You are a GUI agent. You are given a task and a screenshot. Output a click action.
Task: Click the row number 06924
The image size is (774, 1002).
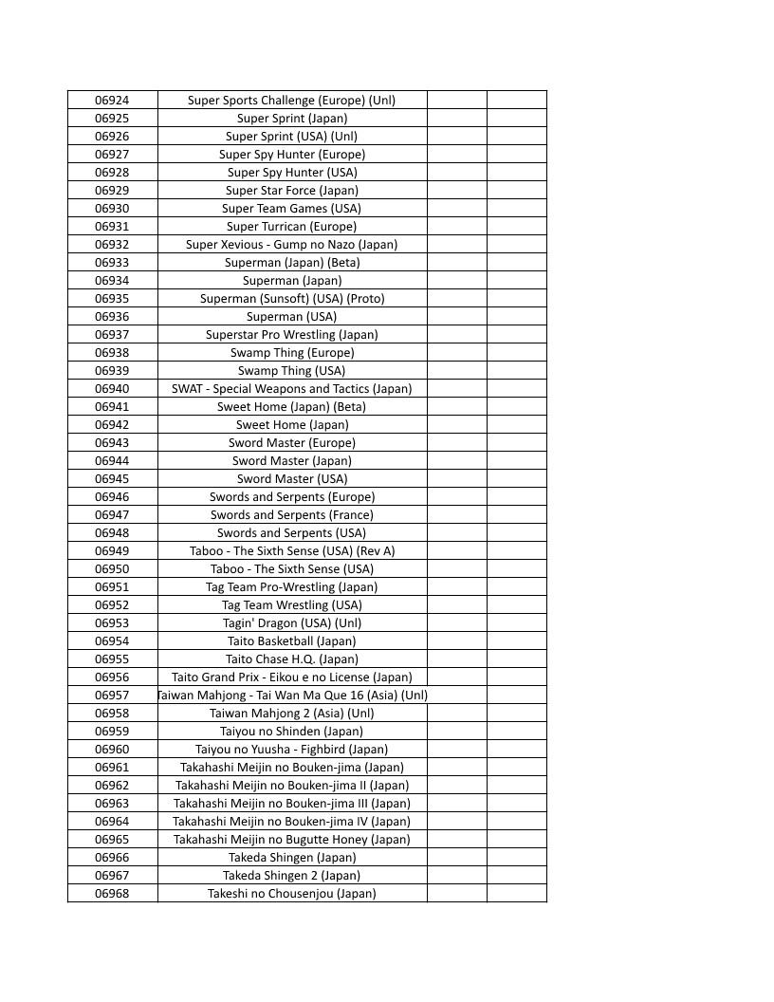112,101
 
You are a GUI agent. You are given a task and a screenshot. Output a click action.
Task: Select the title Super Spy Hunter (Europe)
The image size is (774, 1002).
292,155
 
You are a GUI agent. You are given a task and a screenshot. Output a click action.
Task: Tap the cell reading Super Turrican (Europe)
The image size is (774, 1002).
292,227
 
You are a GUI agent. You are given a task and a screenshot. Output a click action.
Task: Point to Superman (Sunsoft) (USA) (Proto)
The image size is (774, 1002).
292,299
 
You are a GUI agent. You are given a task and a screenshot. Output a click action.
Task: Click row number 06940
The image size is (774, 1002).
112,389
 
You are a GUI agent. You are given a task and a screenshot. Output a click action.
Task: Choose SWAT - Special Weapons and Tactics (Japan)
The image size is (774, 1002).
292,389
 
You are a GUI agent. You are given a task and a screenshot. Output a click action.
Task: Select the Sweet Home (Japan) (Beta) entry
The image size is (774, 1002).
292,407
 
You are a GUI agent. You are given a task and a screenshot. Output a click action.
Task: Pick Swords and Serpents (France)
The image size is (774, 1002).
292,515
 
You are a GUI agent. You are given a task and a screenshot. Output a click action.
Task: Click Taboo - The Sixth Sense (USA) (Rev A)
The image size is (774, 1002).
292,551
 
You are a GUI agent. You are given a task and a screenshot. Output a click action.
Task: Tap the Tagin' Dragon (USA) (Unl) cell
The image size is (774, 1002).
292,623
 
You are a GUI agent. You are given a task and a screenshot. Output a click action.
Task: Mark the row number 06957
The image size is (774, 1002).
112,696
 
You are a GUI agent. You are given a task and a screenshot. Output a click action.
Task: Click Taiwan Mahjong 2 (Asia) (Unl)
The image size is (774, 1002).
292,714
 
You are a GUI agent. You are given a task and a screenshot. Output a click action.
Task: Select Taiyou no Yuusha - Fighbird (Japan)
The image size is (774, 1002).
292,750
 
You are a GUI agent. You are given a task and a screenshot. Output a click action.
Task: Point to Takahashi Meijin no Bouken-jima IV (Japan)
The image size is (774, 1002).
292,822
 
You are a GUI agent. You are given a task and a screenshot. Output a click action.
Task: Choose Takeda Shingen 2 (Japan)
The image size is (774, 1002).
292,876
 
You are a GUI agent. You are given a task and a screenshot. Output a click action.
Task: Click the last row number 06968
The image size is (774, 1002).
112,894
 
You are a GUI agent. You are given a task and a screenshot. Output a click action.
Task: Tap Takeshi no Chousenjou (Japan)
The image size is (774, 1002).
292,894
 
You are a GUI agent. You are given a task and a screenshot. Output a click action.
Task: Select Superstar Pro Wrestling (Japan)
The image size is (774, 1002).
292,335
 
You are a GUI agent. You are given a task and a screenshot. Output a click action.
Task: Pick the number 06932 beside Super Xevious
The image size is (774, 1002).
112,245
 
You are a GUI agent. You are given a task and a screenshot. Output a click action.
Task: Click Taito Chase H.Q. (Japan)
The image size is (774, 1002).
292,659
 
